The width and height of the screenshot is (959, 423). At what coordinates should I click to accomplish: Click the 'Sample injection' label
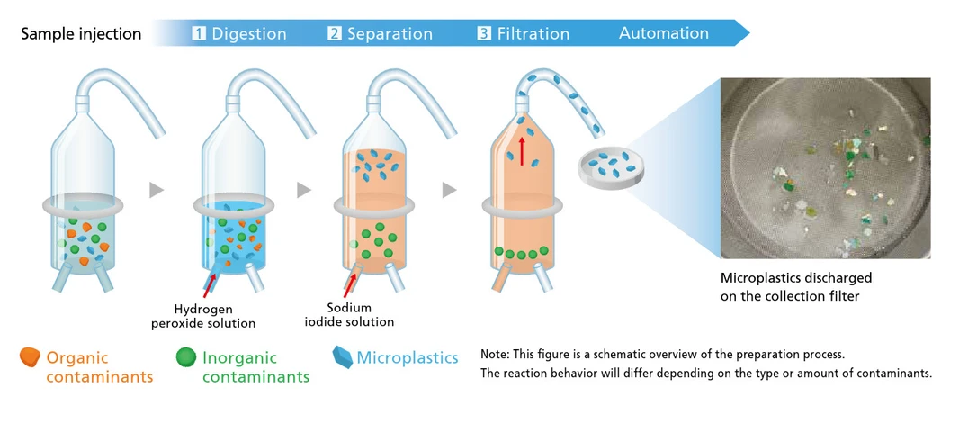(81, 34)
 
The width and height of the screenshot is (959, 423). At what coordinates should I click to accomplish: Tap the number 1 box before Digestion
(199, 33)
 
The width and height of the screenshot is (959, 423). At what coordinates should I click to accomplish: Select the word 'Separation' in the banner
(390, 34)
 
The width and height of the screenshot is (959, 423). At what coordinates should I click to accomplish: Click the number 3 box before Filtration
(484, 33)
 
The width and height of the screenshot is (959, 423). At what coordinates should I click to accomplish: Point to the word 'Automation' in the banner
(664, 33)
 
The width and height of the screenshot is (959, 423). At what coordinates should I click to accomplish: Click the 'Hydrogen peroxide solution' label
(216, 316)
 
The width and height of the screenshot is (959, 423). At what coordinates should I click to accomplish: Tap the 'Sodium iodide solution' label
(361, 314)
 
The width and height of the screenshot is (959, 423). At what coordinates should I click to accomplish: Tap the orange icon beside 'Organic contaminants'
(31, 357)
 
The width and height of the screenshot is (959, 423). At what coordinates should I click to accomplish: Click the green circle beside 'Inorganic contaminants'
(186, 357)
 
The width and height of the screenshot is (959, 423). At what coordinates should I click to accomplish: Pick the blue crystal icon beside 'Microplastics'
(342, 357)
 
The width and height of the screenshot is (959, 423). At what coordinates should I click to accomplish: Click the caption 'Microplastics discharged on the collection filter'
(795, 286)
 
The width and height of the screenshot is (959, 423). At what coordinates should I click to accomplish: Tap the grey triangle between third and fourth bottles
(449, 190)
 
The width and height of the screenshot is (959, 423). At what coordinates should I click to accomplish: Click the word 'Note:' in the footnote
(497, 354)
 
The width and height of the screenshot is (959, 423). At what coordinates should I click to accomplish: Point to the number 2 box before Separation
(335, 33)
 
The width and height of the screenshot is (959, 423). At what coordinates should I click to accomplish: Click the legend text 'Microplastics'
(408, 358)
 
